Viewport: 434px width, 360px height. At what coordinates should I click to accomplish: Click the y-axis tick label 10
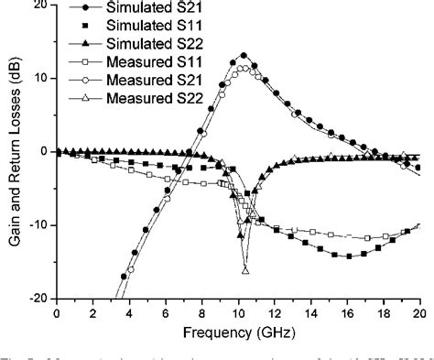coord(40,78)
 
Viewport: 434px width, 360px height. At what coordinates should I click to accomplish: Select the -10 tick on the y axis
coord(38,224)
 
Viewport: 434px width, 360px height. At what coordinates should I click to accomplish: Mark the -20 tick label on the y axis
coord(38,298)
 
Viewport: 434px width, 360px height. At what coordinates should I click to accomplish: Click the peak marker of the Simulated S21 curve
coord(243,56)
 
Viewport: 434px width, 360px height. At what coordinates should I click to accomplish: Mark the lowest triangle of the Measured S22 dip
coord(245,270)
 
